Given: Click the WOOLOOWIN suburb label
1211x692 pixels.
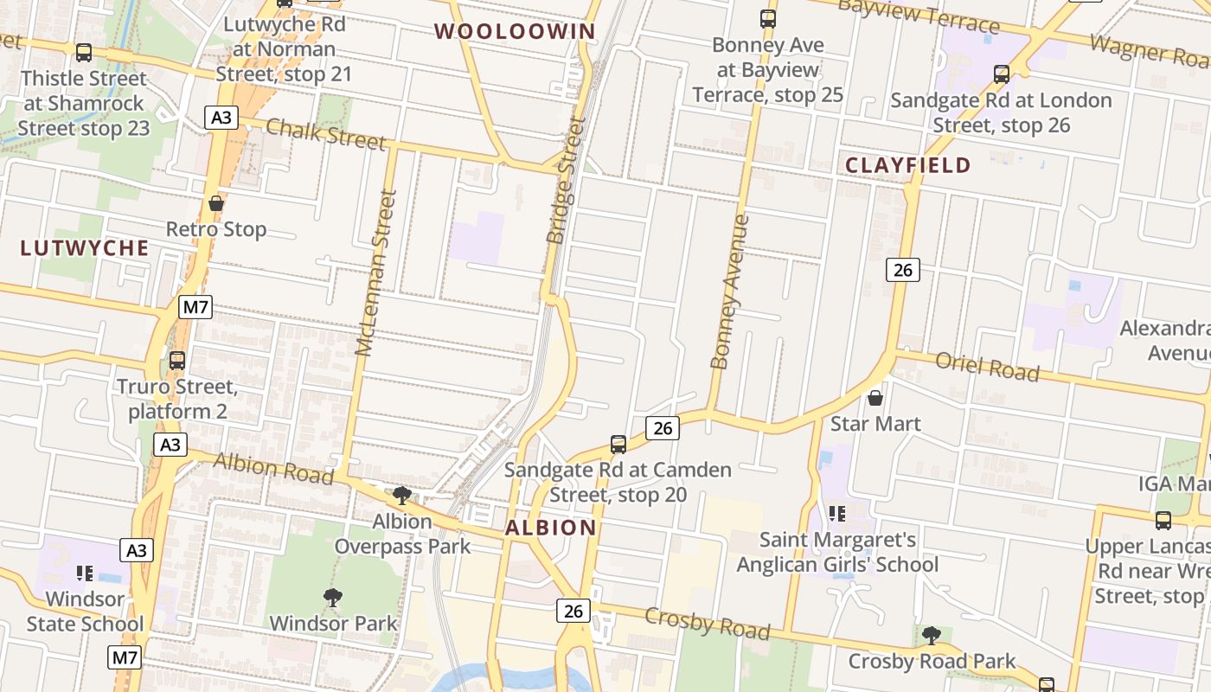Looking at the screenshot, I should click(515, 32).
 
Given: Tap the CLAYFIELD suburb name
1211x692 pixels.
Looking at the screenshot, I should click(907, 165).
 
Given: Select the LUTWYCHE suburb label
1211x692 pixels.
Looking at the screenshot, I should click(85, 248).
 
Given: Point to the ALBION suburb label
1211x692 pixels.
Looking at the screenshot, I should click(551, 528).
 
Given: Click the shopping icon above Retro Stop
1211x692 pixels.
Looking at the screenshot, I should click(216, 204).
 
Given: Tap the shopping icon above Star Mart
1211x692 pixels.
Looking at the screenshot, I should click(875, 398).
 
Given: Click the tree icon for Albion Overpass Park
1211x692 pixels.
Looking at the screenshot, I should click(401, 496).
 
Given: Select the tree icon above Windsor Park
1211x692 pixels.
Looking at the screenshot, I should click(332, 597).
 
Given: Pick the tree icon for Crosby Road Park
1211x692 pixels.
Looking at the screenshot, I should click(931, 636).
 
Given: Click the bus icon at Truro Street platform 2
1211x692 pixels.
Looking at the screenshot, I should click(177, 360).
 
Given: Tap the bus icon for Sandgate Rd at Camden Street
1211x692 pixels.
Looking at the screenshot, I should click(618, 445).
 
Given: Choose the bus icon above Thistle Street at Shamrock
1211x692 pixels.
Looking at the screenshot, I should click(84, 53).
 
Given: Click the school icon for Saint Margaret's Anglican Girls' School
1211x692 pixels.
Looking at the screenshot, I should click(836, 514).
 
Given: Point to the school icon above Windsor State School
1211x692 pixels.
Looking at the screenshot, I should click(84, 573).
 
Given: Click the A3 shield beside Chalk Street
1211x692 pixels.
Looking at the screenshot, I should click(221, 117).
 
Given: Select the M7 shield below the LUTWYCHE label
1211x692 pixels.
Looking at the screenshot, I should click(196, 307).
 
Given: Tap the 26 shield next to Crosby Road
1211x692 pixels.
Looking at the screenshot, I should click(573, 611).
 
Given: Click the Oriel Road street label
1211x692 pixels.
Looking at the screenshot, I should click(987, 367).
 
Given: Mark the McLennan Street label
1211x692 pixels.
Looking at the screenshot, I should click(376, 273).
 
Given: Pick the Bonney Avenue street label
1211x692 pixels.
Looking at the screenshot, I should click(729, 292).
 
